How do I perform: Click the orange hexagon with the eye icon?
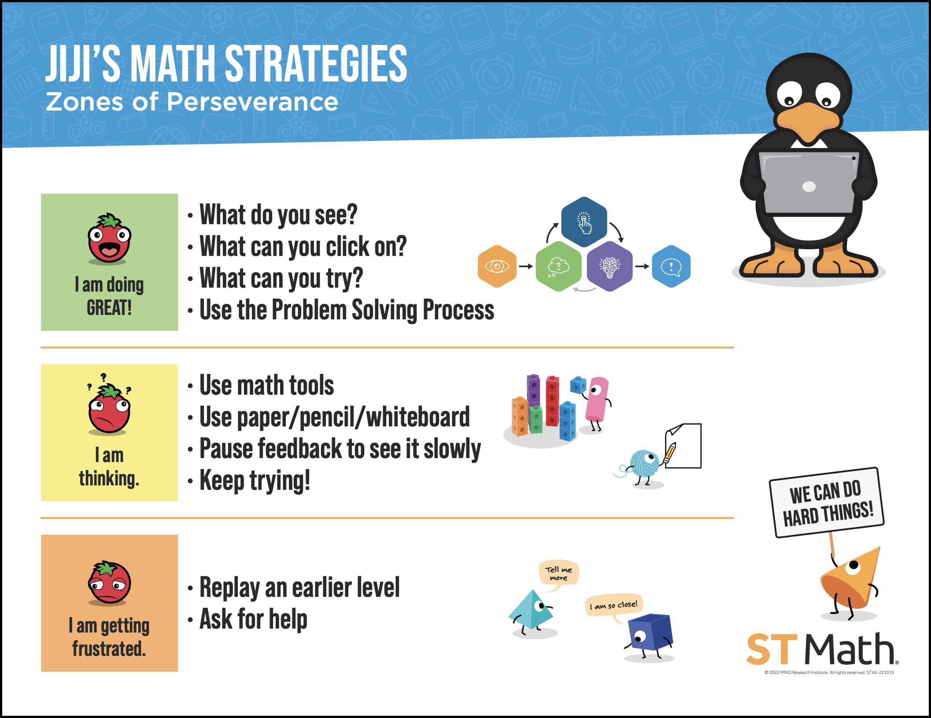point(497,266)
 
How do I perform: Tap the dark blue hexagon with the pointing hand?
point(584,222)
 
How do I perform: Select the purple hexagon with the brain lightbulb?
point(610,266)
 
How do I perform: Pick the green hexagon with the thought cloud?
point(558,266)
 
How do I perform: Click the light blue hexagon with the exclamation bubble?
point(671,266)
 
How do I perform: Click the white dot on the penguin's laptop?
point(809,187)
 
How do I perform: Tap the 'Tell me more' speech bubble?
point(558,573)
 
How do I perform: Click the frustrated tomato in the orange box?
point(109,582)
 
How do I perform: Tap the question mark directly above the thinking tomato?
point(103,377)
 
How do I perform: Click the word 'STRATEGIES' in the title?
point(316,64)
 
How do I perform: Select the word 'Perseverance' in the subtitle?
point(252,102)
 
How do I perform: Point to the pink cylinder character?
point(597,399)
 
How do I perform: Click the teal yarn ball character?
point(644,464)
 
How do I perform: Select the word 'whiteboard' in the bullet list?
point(418,417)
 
